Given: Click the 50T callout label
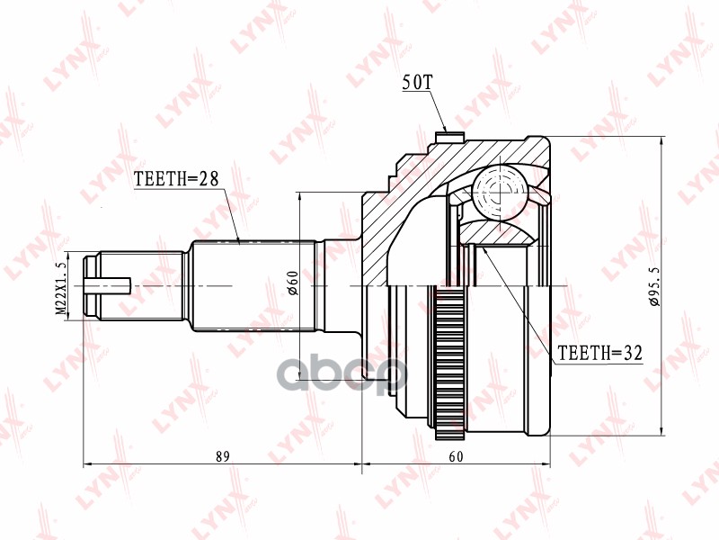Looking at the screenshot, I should coord(417,84).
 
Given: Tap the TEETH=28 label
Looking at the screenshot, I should coord(176,178).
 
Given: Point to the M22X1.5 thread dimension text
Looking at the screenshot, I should coord(62,286).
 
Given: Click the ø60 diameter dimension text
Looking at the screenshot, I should coord(293,285).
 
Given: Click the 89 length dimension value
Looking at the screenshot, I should coord(222,456).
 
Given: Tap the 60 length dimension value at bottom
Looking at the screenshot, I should coord(457,456).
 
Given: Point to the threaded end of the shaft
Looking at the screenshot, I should coord(94,286).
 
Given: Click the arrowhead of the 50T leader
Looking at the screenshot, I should coord(446,132).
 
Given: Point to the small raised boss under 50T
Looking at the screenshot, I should coord(445,138).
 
